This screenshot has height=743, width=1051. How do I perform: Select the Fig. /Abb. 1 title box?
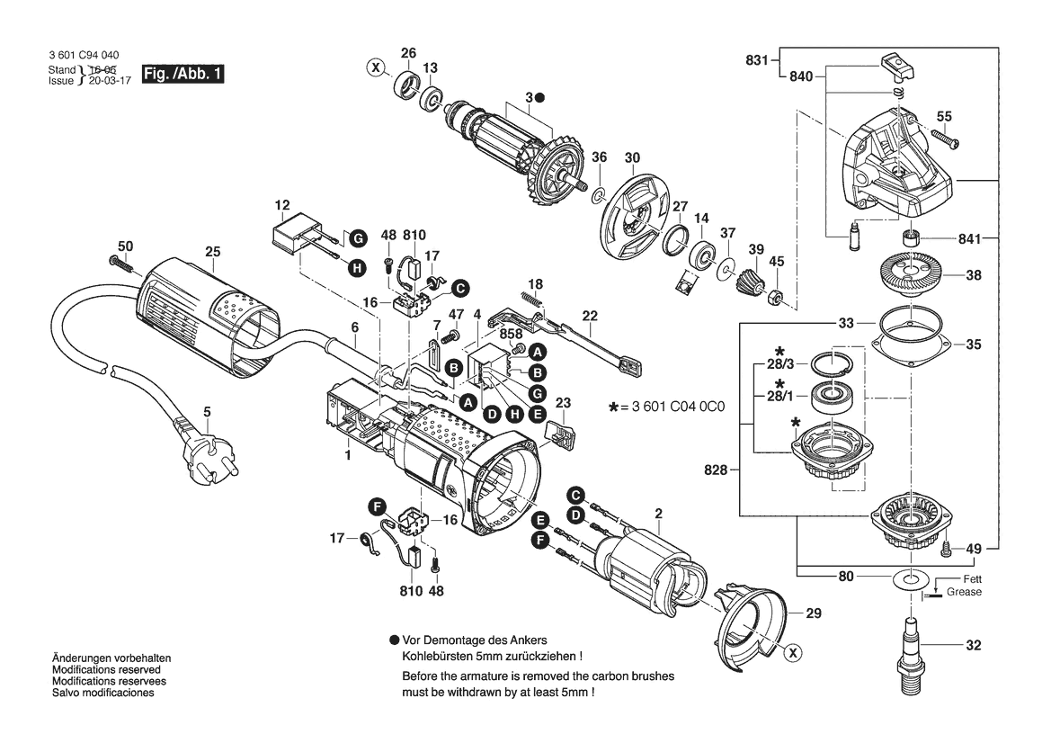[183, 74]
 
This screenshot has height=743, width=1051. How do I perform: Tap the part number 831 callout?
[757, 60]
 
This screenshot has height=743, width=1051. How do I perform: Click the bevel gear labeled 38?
[911, 276]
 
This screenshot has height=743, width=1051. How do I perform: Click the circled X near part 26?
[376, 67]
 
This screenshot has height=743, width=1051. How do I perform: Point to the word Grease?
[964, 592]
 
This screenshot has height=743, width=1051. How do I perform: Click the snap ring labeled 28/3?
[833, 365]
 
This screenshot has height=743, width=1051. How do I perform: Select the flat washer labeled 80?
[911, 578]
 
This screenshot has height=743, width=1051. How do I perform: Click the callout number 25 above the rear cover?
[212, 252]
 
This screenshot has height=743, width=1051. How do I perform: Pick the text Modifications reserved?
[107, 670]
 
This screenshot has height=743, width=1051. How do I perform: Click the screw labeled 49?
[947, 548]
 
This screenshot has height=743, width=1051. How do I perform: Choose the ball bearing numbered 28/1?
[833, 397]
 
